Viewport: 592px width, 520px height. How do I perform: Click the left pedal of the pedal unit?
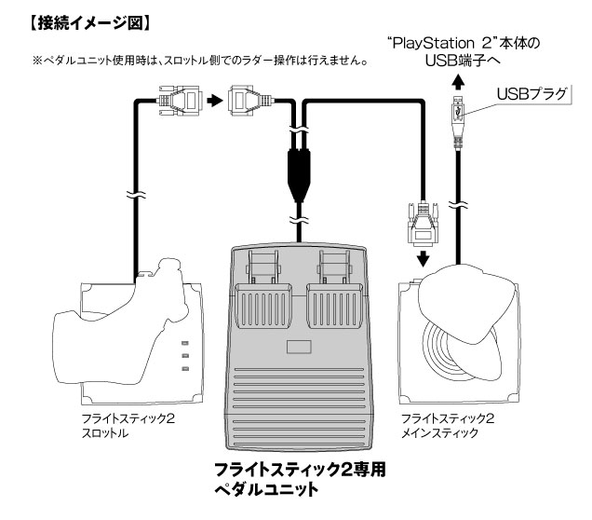(265, 298)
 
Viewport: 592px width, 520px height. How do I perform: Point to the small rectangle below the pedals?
(300, 349)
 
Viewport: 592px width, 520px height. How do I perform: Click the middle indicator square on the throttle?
(184, 356)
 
